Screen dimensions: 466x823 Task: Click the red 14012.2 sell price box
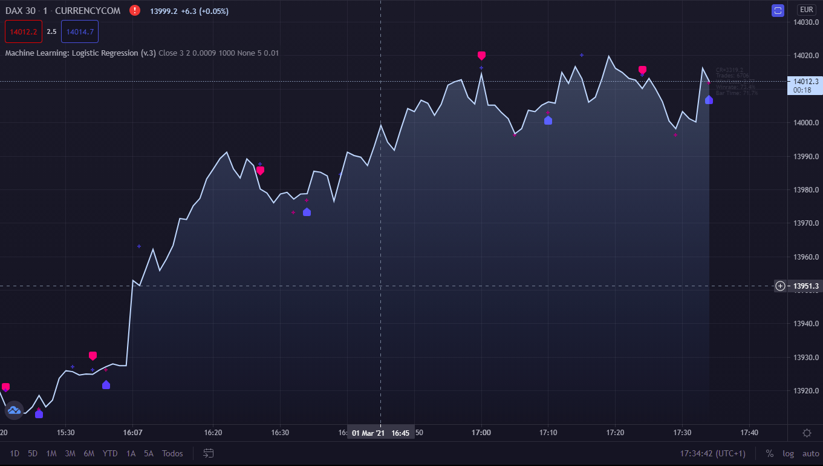pyautogui.click(x=24, y=32)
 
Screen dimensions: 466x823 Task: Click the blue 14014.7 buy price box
pyautogui.click(x=80, y=32)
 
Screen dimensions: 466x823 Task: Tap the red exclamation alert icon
pyautogui.click(x=135, y=10)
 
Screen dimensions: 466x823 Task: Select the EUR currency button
pyautogui.click(x=806, y=10)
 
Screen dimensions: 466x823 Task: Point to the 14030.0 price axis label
pyautogui.click(x=806, y=22)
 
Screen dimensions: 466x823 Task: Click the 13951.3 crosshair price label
pyautogui.click(x=806, y=286)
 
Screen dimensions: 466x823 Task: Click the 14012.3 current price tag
pyautogui.click(x=805, y=81)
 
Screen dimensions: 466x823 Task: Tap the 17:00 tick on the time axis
pyautogui.click(x=481, y=433)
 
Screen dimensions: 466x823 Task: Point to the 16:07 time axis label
pyautogui.click(x=132, y=433)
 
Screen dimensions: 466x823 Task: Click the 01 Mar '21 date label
pyautogui.click(x=368, y=433)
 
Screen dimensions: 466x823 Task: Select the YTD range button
pyautogui.click(x=110, y=453)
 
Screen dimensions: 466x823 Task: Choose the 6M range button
pyautogui.click(x=89, y=453)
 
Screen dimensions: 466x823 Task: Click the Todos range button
pyautogui.click(x=172, y=453)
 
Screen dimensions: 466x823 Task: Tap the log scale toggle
pyautogui.click(x=788, y=453)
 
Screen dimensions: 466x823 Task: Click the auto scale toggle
pyautogui.click(x=810, y=453)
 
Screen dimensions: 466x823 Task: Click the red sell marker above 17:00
pyautogui.click(x=481, y=56)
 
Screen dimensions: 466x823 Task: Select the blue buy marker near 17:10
pyautogui.click(x=548, y=120)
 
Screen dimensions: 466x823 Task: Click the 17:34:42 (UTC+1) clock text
pyautogui.click(x=713, y=453)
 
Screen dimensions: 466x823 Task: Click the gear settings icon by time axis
pyautogui.click(x=807, y=433)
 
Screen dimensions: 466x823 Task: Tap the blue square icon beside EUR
pyautogui.click(x=778, y=10)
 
